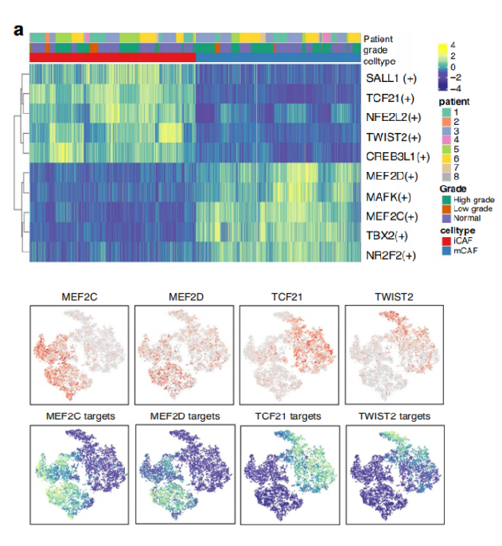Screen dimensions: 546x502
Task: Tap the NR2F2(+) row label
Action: pos(391,255)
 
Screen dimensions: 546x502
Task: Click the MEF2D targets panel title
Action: pos(175,416)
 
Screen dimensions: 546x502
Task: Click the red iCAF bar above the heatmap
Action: pos(112,59)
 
